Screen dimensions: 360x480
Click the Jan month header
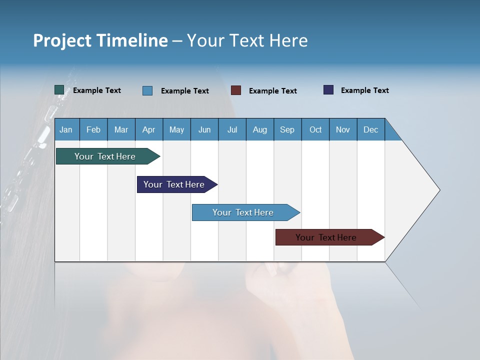point(66,130)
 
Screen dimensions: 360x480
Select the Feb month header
point(93,130)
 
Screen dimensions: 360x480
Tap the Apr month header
point(149,130)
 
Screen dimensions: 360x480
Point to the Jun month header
point(204,130)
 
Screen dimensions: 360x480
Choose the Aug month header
point(260,130)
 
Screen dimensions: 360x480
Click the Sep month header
point(287,130)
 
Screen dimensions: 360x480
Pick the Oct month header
point(315,130)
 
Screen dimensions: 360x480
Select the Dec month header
point(371,130)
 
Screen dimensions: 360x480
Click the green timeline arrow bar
point(105,156)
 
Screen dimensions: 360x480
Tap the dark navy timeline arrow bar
point(174,184)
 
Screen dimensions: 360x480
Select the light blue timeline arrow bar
point(243,212)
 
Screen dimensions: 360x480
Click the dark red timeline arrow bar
point(326,237)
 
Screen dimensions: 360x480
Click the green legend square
point(59,90)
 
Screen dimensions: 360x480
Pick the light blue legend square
point(147,90)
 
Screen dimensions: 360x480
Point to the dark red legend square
point(236,90)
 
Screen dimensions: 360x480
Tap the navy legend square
point(328,90)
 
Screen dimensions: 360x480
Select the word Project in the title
point(62,40)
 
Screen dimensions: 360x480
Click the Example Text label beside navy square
point(364,90)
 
